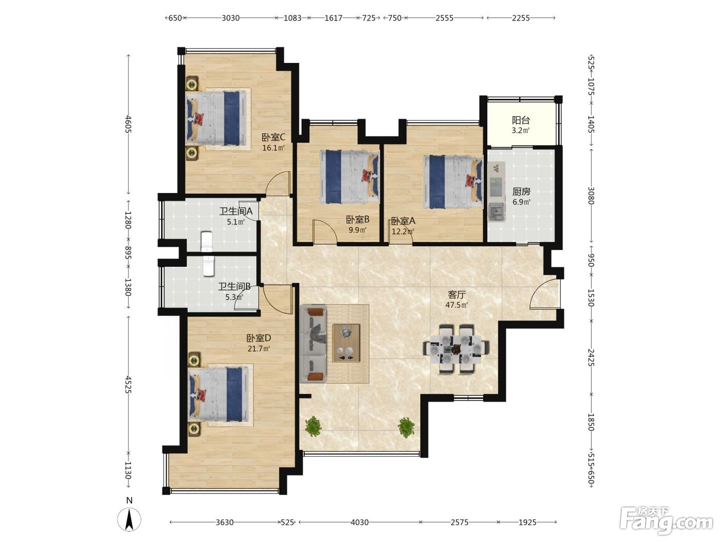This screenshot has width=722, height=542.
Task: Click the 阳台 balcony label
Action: click(x=521, y=120)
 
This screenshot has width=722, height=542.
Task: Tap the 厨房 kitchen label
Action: click(x=521, y=191)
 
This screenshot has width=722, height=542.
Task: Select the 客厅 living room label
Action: click(x=456, y=294)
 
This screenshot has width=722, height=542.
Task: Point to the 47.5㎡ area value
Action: click(x=456, y=305)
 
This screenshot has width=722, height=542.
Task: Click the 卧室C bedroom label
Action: click(x=273, y=137)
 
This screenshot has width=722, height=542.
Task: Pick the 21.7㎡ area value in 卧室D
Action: click(x=259, y=348)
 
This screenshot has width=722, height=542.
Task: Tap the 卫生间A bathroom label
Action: click(x=236, y=211)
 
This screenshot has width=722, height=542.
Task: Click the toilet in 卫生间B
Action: click(x=208, y=266)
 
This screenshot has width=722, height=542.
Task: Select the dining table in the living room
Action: click(x=456, y=349)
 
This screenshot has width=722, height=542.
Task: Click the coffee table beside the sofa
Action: click(x=346, y=343)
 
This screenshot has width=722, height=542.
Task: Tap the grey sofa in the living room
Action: click(x=313, y=344)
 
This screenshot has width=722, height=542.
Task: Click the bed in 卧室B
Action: click(x=349, y=177)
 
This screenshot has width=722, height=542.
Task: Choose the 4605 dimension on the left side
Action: click(x=128, y=124)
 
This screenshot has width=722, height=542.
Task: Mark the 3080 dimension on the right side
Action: click(x=591, y=196)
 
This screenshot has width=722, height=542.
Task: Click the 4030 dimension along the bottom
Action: click(x=359, y=522)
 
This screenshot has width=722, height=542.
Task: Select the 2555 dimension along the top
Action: click(x=445, y=18)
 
